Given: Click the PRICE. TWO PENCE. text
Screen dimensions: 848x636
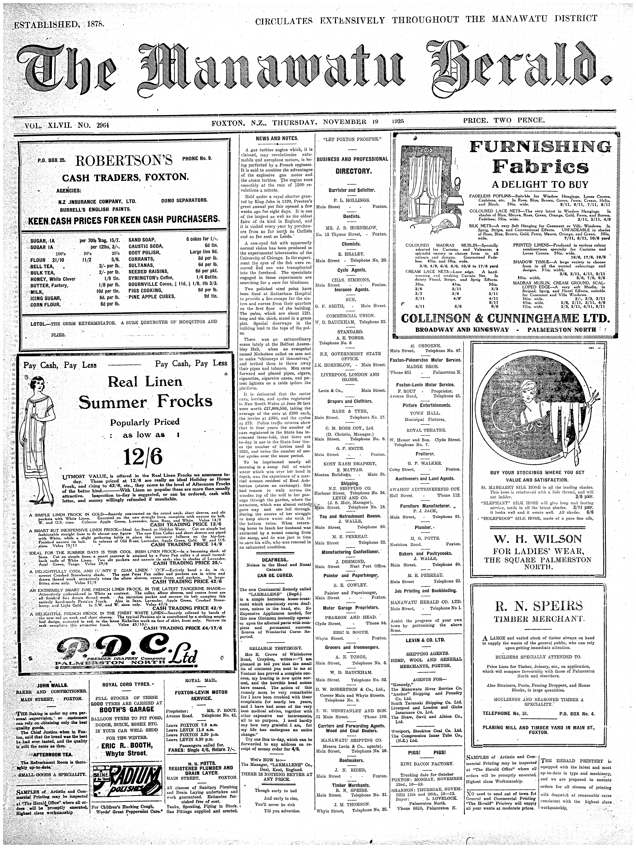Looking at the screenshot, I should [x=504, y=120].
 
